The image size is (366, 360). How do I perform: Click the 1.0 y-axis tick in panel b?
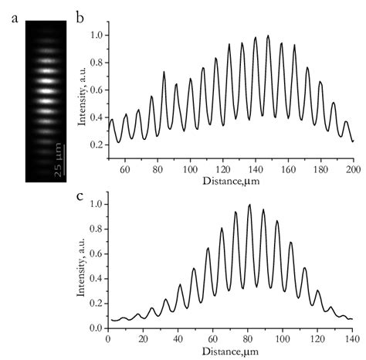point(97,36)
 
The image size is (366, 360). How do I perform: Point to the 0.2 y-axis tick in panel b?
point(97,144)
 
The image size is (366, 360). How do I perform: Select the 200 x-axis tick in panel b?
point(353,168)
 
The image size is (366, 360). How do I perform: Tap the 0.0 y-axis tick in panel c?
point(97,328)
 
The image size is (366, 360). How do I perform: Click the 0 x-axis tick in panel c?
point(109,340)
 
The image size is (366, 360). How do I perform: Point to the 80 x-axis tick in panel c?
point(248,340)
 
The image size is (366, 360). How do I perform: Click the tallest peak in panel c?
point(249,206)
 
